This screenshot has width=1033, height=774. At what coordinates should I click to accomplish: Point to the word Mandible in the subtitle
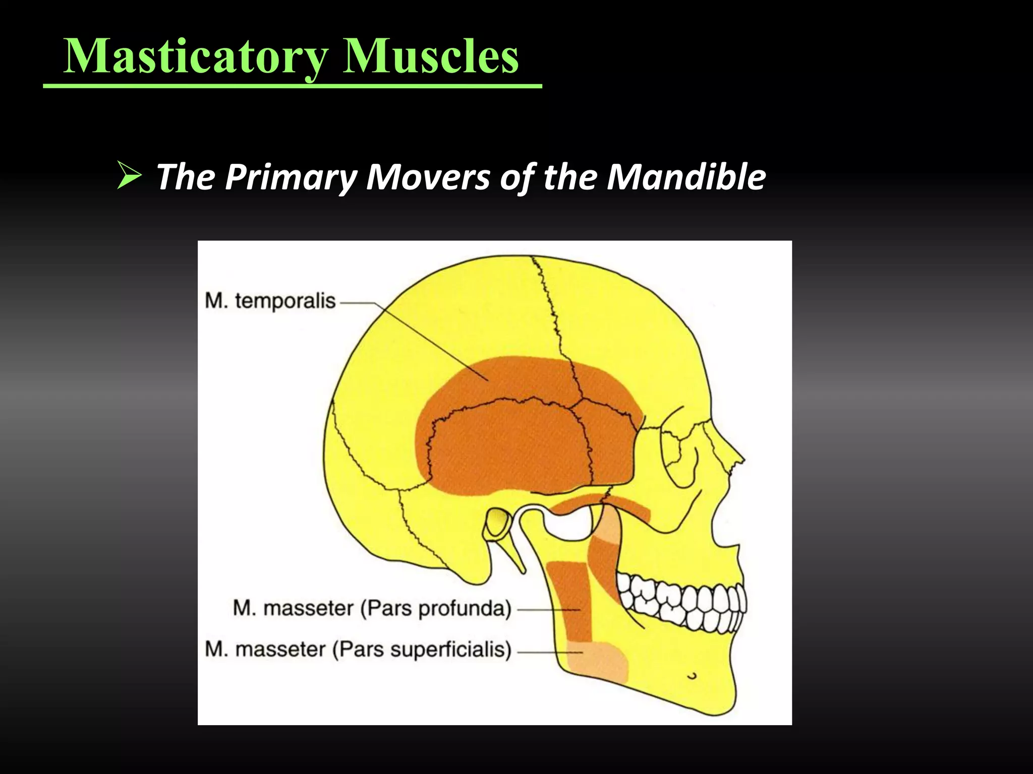(x=686, y=177)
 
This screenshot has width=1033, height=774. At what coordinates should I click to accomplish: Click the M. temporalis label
(x=270, y=301)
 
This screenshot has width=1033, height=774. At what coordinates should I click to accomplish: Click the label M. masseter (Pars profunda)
(x=372, y=608)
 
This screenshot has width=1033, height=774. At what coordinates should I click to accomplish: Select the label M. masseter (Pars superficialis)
(x=358, y=649)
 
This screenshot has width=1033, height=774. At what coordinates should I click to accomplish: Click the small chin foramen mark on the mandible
(x=693, y=675)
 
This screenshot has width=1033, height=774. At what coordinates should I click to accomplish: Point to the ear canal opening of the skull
(x=497, y=522)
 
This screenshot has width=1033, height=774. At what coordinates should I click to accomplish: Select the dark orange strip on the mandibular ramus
(x=569, y=600)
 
